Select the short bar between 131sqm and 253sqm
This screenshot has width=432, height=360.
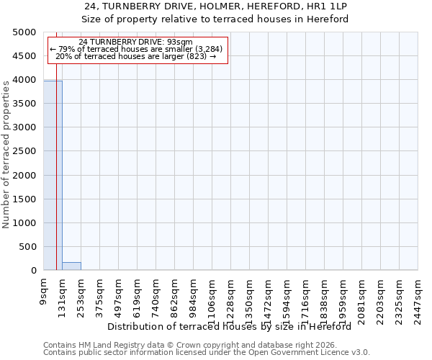71,266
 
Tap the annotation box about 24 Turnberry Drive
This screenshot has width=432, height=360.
137,49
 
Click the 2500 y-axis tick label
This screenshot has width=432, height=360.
24,151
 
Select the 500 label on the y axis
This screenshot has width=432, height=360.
27,247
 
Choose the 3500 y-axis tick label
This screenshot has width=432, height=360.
24,104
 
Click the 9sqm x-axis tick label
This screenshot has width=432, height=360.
43,291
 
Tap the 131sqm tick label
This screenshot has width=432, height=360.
63,295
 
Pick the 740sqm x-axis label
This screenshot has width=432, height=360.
156,295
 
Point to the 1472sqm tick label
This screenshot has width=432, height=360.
268,298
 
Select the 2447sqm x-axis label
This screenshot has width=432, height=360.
418,298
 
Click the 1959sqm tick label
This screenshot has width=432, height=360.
343,298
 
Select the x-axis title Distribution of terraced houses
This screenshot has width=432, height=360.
234,326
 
